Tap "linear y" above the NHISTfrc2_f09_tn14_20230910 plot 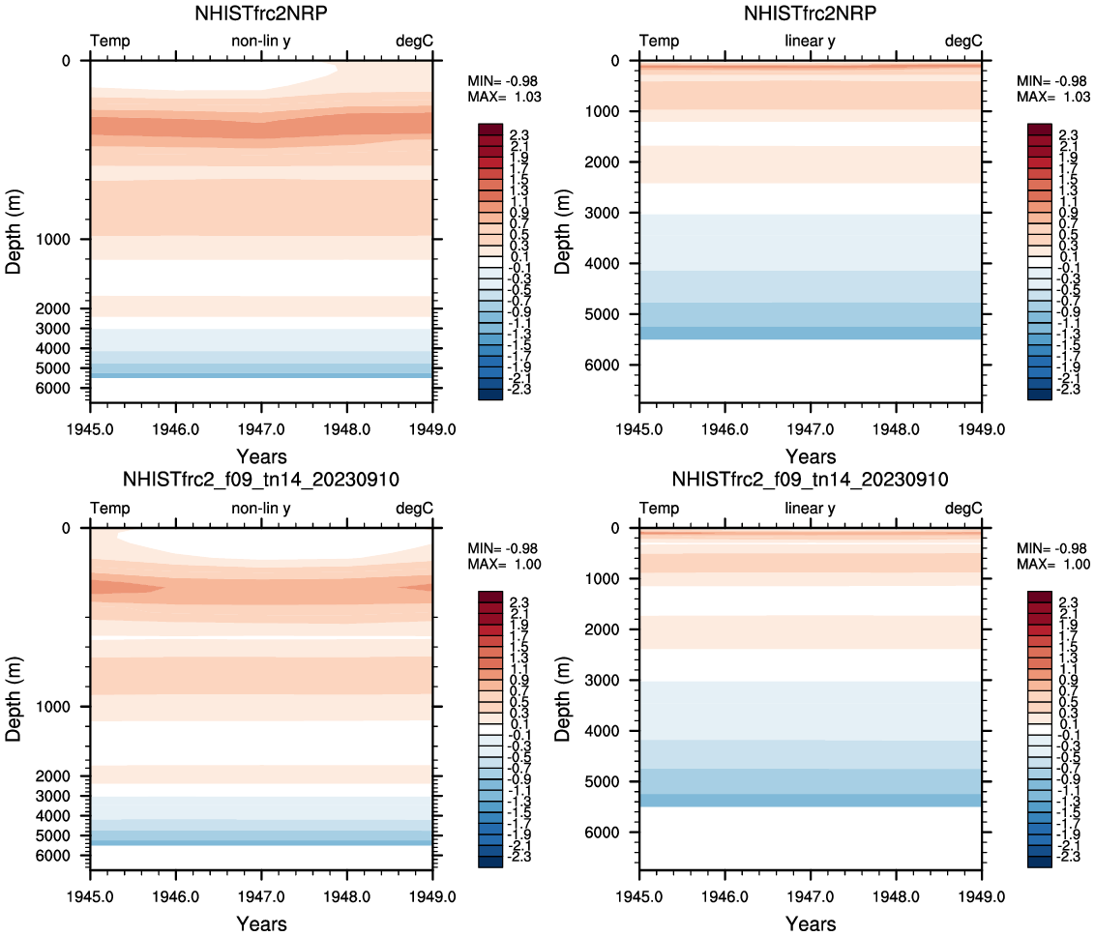click(811, 508)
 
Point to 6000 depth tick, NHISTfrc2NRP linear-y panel click(614, 366)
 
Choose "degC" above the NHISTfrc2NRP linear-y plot click(963, 41)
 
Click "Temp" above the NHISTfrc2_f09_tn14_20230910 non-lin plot click(109, 508)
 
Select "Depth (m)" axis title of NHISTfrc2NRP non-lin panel click(14, 225)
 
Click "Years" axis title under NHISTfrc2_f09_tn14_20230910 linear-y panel click(811, 923)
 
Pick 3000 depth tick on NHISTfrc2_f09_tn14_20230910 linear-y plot click(614, 681)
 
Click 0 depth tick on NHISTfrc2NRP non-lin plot click(67, 61)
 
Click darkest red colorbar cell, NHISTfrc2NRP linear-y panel click(1040, 130)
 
